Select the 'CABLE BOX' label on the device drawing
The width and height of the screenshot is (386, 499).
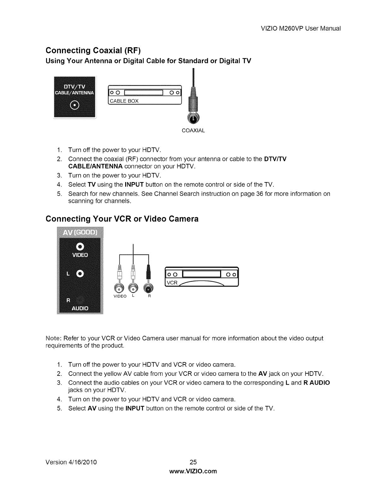tap(125, 101)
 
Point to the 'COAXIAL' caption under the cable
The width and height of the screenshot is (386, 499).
tap(193, 130)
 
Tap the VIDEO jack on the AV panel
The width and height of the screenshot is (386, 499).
tap(80, 246)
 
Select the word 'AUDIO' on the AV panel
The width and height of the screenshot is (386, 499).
tap(80, 308)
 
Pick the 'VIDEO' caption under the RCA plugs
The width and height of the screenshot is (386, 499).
tap(120, 296)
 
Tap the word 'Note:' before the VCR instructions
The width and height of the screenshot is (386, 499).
tap(54, 338)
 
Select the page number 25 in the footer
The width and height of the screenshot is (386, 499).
tap(193, 462)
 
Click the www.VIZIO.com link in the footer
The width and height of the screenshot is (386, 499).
tap(193, 471)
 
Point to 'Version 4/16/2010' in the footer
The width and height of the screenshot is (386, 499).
tap(71, 462)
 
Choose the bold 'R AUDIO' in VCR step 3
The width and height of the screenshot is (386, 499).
tap(317, 383)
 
